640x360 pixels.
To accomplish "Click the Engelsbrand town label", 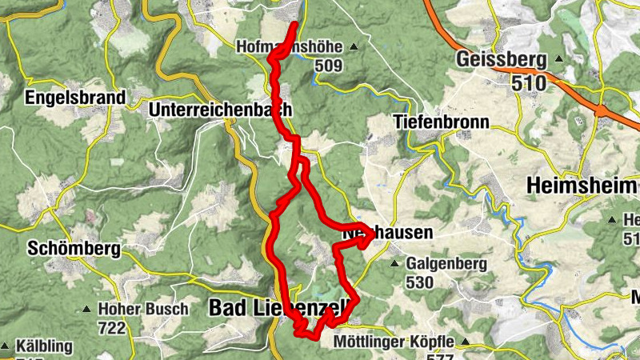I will [76, 98].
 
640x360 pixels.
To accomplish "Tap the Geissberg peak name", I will [501, 59].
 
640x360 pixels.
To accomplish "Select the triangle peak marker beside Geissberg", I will [559, 60].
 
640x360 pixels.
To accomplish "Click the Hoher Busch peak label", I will [143, 309].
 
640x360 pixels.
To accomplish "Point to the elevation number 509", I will [330, 66].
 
